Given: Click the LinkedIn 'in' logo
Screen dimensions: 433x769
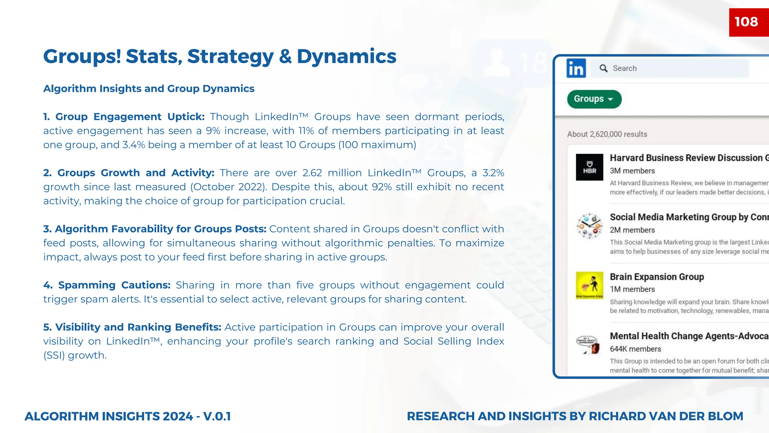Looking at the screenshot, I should click(x=576, y=68).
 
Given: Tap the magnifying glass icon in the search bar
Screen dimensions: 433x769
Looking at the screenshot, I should click(x=603, y=68).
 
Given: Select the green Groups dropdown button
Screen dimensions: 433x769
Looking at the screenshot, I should click(x=594, y=99).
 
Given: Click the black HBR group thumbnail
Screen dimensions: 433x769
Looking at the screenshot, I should click(x=590, y=167).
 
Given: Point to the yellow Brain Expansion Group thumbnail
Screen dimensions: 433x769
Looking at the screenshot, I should click(x=590, y=285).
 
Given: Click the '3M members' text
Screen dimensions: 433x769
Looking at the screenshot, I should click(x=632, y=171).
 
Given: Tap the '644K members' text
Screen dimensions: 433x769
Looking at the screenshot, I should click(x=635, y=349).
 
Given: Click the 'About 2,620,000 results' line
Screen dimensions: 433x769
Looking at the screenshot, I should click(x=607, y=135).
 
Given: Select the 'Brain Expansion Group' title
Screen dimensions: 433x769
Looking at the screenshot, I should click(x=657, y=277).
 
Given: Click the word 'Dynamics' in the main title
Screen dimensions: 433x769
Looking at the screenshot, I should click(x=346, y=57).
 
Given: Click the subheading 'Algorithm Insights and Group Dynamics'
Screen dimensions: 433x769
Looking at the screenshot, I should click(x=149, y=89).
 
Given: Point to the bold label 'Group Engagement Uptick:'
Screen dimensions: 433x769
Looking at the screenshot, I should click(x=124, y=117).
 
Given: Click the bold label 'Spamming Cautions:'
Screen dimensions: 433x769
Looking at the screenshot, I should click(x=107, y=285).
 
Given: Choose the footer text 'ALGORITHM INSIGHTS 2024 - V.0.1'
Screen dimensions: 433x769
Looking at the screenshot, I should click(x=128, y=416).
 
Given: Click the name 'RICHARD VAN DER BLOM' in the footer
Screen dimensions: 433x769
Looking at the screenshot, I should click(x=666, y=416).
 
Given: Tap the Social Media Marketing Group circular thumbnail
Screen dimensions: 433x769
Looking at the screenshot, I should click(x=590, y=226).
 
